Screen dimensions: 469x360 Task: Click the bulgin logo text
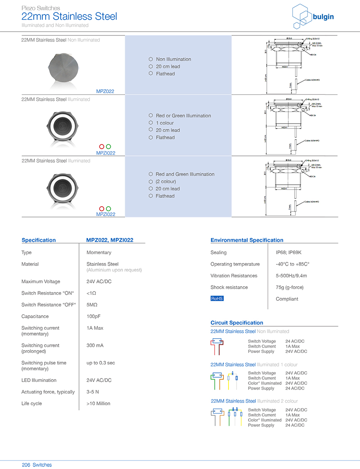click(323, 17)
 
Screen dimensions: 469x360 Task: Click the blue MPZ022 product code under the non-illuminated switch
click(105, 91)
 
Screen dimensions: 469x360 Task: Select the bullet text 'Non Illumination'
click(173, 59)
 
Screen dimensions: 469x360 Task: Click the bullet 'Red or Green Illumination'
click(183, 116)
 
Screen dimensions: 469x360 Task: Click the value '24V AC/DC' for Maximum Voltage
click(99, 281)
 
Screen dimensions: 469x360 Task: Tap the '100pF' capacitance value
click(93, 317)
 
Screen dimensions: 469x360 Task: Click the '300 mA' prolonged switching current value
click(95, 346)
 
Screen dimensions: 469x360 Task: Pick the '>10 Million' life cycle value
click(98, 404)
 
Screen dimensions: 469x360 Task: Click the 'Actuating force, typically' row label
click(48, 392)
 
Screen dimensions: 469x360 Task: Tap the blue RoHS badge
click(217, 299)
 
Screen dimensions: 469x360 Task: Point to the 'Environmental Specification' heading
click(247, 240)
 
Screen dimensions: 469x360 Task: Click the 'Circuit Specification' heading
click(237, 322)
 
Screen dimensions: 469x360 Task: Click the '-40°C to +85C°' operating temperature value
click(293, 264)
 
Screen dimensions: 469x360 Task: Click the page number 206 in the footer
click(26, 465)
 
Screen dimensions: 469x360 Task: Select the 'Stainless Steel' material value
click(102, 264)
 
